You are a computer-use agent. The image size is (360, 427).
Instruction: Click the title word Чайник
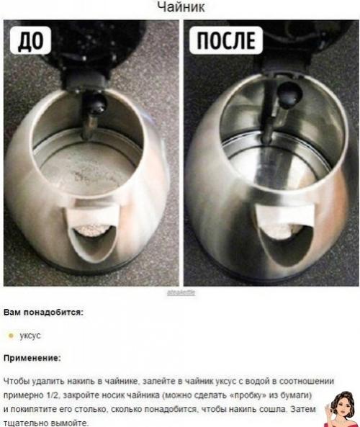point(179,6)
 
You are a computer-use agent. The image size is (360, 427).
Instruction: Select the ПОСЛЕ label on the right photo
point(224,41)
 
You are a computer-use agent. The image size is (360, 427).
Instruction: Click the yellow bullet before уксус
point(10,335)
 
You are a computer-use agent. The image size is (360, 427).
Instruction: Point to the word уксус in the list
point(30,335)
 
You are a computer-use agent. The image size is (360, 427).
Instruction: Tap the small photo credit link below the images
point(180,293)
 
